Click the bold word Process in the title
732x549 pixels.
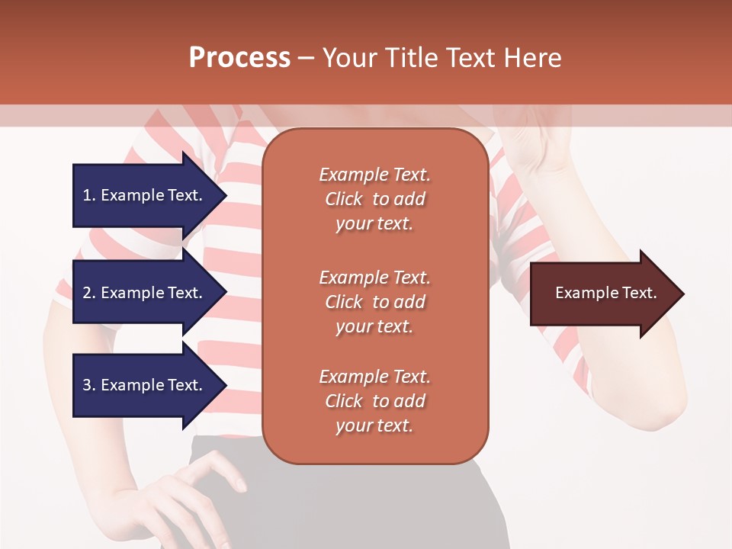pyautogui.click(x=239, y=58)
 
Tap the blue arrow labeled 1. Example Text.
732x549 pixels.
pyautogui.click(x=145, y=195)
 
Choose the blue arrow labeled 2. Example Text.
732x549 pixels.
pyautogui.click(x=145, y=293)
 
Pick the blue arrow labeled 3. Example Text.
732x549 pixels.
pyautogui.click(x=145, y=385)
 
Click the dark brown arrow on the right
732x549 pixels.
pyautogui.click(x=602, y=294)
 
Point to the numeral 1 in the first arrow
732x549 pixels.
pyautogui.click(x=87, y=195)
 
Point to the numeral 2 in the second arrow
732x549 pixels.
pyautogui.click(x=87, y=293)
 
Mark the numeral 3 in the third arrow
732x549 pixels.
pyautogui.click(x=87, y=385)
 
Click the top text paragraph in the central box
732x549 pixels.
pyautogui.click(x=374, y=199)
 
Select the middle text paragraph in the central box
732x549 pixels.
pyautogui.click(x=374, y=302)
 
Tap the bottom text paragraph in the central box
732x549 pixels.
pyautogui.click(x=374, y=401)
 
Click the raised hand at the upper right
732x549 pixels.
pyautogui.click(x=534, y=141)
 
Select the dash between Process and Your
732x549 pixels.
pyautogui.click(x=306, y=58)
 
